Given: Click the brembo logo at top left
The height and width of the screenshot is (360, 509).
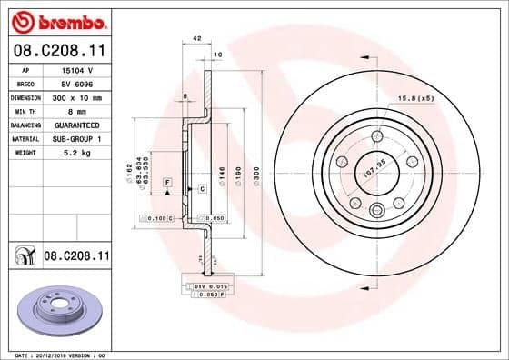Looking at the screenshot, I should tap(56, 20).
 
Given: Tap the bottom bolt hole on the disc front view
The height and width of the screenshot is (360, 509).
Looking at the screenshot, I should tap(376, 211).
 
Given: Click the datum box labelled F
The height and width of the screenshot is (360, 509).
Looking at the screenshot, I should tap(167, 183).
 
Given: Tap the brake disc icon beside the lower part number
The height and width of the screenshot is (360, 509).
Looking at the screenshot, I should tap(23, 257).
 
